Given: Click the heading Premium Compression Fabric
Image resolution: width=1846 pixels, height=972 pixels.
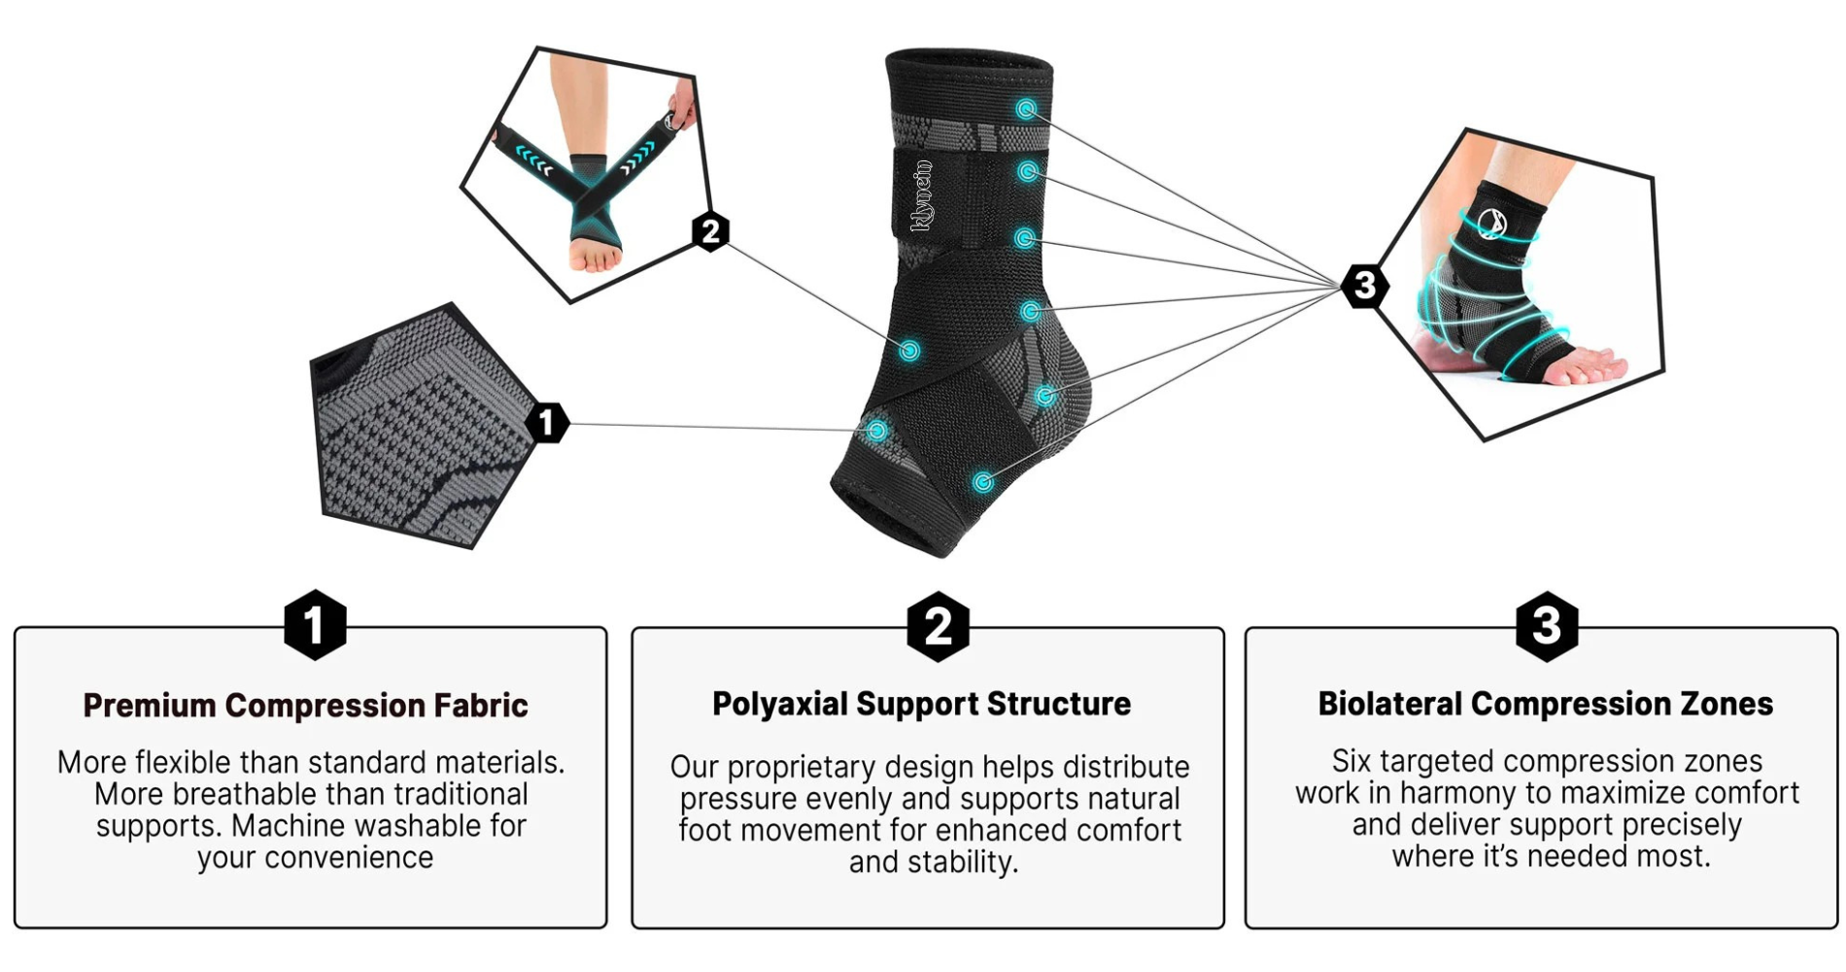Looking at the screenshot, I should [x=305, y=706].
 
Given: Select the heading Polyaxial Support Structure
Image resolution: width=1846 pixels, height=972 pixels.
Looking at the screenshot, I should [x=921, y=704].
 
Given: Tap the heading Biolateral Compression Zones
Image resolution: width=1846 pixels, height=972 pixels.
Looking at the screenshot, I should [x=1545, y=704].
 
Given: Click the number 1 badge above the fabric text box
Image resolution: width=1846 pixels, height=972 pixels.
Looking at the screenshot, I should [x=315, y=625].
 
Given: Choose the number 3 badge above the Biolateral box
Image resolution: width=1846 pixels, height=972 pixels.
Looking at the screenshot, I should [x=1547, y=626].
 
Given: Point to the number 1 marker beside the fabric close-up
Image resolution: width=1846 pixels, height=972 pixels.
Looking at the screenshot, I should [x=547, y=422].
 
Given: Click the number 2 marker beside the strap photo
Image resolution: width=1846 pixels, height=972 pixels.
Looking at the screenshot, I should [x=711, y=232].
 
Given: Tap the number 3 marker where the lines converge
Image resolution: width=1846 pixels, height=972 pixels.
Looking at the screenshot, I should [x=1364, y=286].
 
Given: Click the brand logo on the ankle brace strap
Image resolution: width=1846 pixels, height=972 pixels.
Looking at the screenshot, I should [x=922, y=196].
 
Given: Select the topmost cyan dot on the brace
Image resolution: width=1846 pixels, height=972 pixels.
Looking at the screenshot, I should [x=1026, y=109].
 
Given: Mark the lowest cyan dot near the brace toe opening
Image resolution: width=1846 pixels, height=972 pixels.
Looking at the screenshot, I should [x=983, y=482].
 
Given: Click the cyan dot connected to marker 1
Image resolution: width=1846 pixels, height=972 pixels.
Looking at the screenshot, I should [x=877, y=430].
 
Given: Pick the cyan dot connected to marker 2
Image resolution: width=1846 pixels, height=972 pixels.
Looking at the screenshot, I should [x=909, y=351].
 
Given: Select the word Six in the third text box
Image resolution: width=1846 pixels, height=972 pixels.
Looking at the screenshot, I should [x=1350, y=761].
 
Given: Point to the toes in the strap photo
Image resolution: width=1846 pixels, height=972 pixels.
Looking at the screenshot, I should [x=596, y=258].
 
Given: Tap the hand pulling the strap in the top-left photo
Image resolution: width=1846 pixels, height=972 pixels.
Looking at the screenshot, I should [x=683, y=105].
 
